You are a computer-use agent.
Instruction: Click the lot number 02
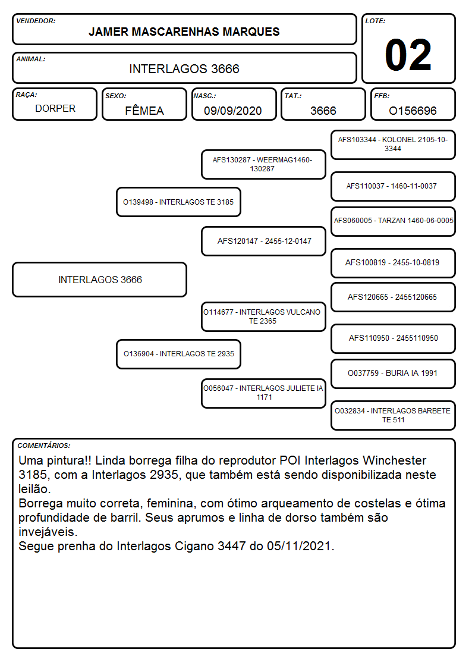tap(408, 55)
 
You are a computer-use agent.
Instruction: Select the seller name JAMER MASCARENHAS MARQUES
tap(184, 32)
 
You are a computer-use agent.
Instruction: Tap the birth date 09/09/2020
tap(233, 111)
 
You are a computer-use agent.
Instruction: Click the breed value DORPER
tap(55, 109)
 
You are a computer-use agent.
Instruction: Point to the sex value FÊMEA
tap(144, 111)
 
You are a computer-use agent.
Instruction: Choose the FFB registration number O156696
tap(413, 111)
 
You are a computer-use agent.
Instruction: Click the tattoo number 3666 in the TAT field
tap(323, 111)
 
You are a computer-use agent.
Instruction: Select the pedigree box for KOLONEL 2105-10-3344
tap(394, 145)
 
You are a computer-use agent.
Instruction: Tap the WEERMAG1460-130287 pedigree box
tap(263, 164)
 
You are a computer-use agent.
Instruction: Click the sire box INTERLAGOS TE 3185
tap(179, 202)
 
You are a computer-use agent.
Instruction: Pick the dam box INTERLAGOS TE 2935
tap(179, 354)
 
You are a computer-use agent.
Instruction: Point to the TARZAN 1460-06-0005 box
tap(394, 221)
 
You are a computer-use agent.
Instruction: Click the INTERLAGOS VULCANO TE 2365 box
tap(263, 316)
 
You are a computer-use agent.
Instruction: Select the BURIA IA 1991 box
tap(394, 374)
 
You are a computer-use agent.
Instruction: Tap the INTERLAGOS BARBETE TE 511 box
tap(394, 415)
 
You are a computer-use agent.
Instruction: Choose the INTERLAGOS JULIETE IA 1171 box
tap(263, 393)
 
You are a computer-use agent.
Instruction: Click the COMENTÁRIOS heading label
tap(44, 446)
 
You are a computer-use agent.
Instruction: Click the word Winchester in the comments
tap(395, 460)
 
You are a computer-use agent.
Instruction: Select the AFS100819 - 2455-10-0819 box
tap(394, 263)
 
